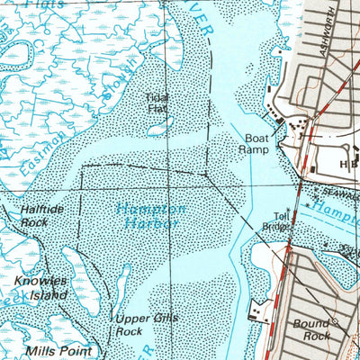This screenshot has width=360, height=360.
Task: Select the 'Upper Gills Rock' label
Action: click(140, 325)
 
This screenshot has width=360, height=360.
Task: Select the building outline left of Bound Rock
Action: click(260, 311)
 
